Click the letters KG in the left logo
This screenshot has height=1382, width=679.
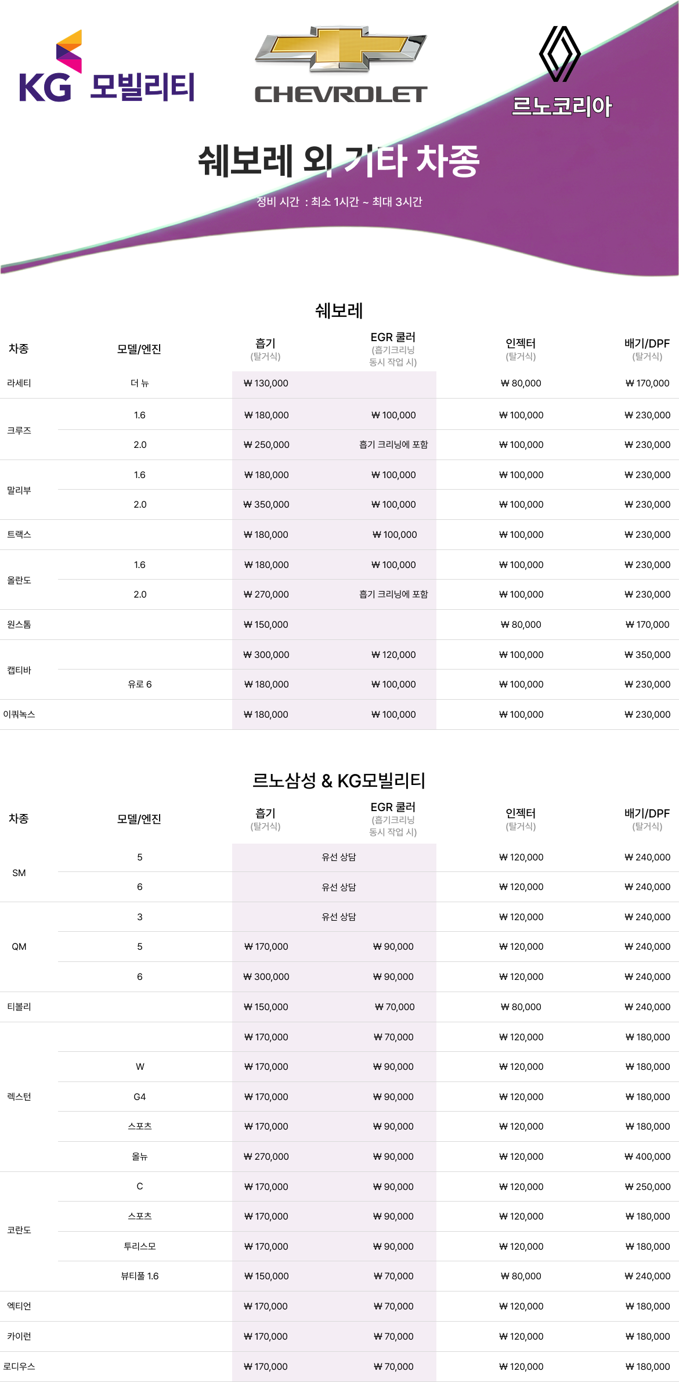point(45,88)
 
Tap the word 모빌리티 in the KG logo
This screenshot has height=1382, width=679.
point(142,88)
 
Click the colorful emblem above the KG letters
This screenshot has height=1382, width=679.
point(70,50)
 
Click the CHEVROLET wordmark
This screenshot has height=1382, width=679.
point(341,95)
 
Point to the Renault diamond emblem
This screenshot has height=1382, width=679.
point(559,53)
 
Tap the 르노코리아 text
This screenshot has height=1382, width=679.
point(562,106)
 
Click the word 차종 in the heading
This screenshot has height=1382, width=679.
point(448,161)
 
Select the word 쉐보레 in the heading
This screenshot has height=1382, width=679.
point(245,161)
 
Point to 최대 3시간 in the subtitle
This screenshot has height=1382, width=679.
point(397,202)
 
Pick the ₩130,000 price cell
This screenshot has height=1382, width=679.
point(266,384)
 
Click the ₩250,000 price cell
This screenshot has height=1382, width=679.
point(266,445)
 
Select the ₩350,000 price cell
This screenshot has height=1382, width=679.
point(266,505)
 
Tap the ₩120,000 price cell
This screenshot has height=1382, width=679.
point(393,655)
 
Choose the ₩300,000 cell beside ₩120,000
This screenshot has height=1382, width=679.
point(266,655)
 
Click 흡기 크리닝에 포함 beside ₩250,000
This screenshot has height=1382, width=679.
point(393,445)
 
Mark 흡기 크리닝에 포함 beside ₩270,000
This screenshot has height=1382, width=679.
point(393,595)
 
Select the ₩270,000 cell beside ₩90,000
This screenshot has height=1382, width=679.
point(266,1157)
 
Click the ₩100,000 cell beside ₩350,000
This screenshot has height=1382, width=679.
point(393,505)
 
